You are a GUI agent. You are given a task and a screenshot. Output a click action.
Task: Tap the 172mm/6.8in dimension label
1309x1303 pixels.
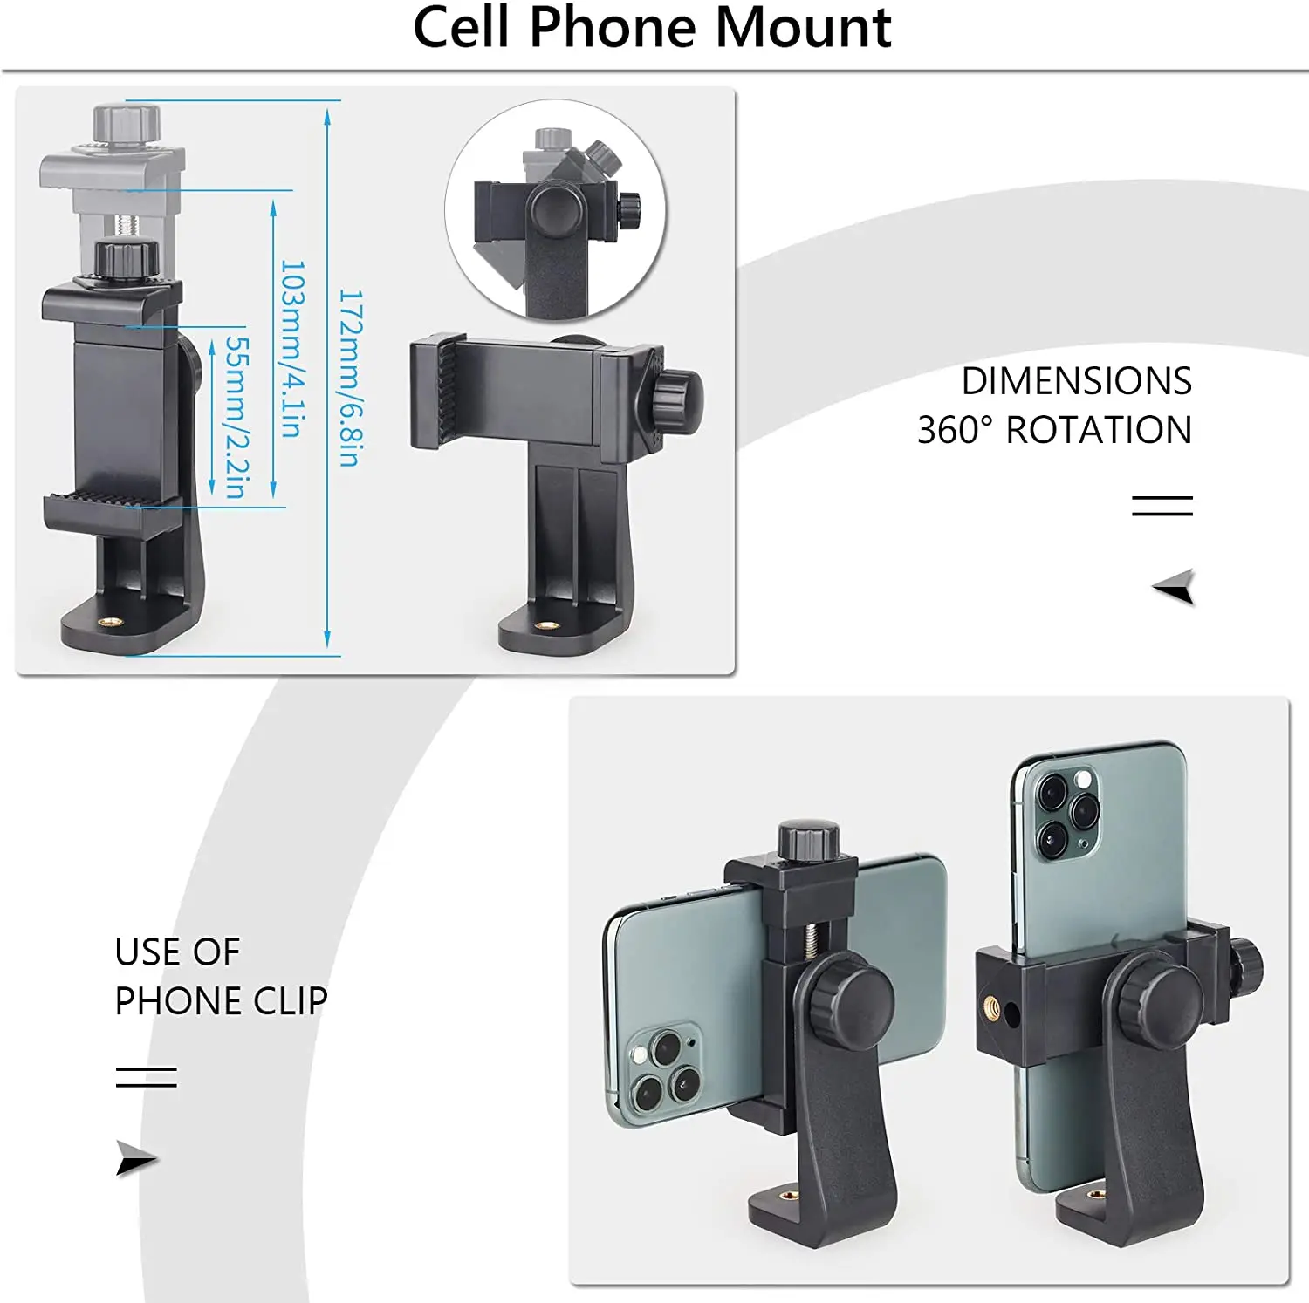(350, 378)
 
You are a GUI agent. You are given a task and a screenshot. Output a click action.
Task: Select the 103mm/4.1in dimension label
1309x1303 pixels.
(292, 348)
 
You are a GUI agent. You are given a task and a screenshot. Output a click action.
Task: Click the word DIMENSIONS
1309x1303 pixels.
(1076, 381)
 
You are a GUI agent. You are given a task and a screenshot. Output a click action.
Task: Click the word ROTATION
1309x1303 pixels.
(1099, 430)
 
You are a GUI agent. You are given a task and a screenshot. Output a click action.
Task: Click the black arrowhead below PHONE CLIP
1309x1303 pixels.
(135, 1158)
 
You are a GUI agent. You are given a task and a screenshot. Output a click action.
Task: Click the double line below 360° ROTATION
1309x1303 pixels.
(1162, 505)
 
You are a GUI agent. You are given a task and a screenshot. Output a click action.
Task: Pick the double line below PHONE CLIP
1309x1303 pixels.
(146, 1077)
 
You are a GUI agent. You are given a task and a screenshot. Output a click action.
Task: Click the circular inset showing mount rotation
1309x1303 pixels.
(556, 210)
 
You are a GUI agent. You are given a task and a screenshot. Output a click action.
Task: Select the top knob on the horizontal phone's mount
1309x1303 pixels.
(809, 839)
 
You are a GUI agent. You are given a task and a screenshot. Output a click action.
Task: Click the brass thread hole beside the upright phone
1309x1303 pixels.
(992, 1006)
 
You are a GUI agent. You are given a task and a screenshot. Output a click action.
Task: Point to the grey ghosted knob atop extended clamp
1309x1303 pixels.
(127, 121)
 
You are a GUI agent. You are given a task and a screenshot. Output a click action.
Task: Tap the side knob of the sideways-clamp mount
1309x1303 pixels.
(677, 400)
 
